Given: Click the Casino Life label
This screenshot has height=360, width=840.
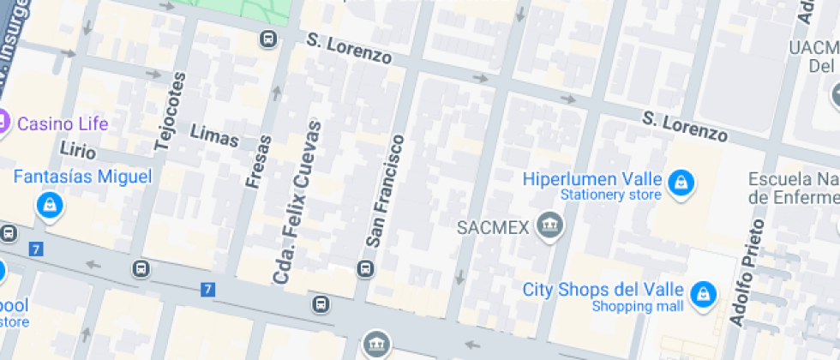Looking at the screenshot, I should click(63, 123).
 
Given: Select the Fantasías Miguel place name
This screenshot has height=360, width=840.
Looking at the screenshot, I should click(82, 177).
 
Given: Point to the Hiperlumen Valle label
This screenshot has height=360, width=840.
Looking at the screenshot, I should click(592, 179).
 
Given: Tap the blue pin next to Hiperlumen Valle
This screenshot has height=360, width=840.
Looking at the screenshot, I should click(681, 182).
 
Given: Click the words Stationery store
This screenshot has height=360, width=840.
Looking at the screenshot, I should click(610, 195).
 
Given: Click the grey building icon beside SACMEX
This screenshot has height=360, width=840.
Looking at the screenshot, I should click(546, 226).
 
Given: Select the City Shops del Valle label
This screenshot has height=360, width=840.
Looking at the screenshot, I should click(603, 290).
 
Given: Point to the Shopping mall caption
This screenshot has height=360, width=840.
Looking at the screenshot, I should click(638, 306).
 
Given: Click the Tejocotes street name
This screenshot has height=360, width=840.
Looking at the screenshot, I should click(170, 112).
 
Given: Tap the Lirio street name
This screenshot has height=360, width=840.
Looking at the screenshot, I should click(78, 149).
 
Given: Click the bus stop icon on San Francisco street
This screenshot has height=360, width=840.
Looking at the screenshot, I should click(366, 268).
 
